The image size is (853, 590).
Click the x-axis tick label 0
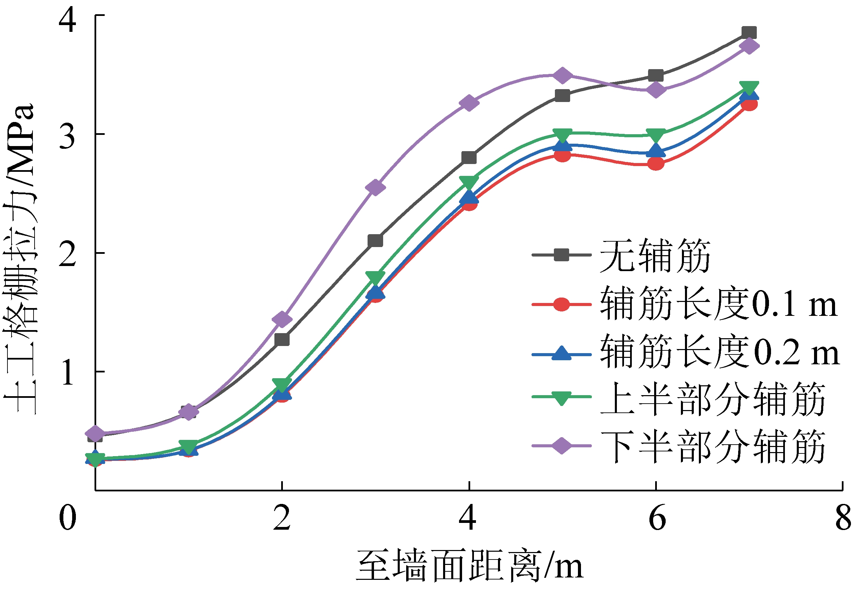(x=68, y=518)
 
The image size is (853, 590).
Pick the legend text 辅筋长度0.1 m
(x=719, y=304)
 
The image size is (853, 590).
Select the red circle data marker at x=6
(x=656, y=163)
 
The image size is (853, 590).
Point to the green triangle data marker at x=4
(x=469, y=182)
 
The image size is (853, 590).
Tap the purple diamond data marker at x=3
(x=375, y=187)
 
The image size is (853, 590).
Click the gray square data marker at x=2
(x=282, y=339)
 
